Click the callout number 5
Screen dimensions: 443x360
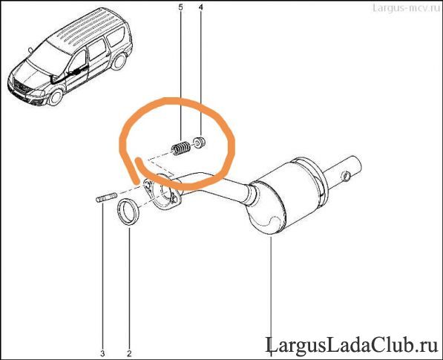coord(180,7)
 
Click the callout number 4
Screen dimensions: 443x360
coord(200,7)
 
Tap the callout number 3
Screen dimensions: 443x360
coord(102,353)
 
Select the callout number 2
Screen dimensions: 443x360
coord(129,353)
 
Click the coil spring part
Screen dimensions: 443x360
coord(181,148)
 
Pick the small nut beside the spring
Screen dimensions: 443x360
coord(199,143)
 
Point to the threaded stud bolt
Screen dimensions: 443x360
coord(106,197)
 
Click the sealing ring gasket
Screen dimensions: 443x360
coord(128,212)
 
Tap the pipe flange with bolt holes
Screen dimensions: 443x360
coord(162,193)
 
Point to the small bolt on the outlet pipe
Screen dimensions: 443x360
coord(346,177)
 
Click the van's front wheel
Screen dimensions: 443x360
coord(56,97)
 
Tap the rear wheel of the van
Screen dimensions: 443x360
coord(119,62)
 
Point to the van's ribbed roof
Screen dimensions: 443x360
coord(88,28)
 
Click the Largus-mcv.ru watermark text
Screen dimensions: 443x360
coord(407,7)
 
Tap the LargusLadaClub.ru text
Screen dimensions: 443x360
coord(352,345)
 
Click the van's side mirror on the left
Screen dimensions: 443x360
coord(30,50)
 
